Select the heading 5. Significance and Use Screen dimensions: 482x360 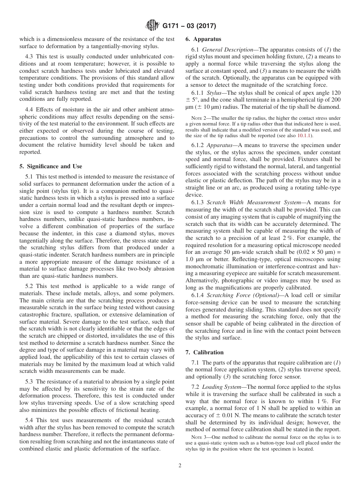(51, 166)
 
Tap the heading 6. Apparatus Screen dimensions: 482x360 (203, 39)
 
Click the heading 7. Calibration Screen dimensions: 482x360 (204, 352)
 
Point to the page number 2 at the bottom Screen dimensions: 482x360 (180, 466)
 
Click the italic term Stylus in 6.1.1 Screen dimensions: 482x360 (215, 93)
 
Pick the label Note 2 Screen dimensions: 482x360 (197, 119)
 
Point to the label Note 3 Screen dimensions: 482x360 (197, 437)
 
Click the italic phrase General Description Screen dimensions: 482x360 (227, 50)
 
